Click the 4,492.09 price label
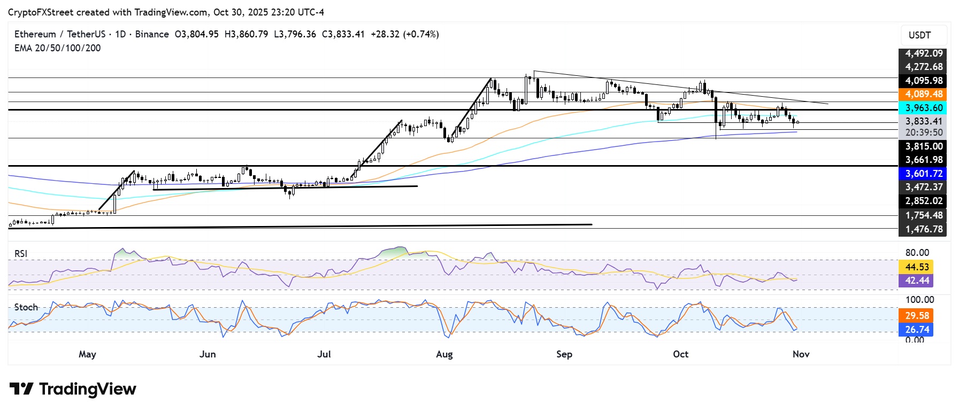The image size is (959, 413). point(923,53)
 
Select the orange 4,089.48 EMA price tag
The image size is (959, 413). point(923,94)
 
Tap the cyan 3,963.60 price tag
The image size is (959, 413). point(923,107)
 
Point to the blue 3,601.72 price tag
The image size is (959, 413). point(923,174)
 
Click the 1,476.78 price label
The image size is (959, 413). point(923,229)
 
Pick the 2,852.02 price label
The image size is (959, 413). point(923,201)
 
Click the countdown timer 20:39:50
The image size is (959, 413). point(923,133)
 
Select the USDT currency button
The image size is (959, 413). point(919,35)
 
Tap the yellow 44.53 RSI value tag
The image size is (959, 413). point(917,267)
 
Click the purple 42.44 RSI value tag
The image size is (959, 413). point(917,280)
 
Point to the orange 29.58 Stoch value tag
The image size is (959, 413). point(917,316)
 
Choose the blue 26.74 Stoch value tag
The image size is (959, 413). point(917,330)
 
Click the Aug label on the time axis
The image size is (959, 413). point(444,354)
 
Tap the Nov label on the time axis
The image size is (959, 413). point(801,354)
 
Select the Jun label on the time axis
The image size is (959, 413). point(208,354)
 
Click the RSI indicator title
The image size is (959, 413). point(21,254)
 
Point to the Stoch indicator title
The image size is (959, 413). point(26,307)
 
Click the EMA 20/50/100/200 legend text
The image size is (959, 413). point(57,48)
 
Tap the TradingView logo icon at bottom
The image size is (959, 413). point(21,389)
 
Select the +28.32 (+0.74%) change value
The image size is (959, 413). point(404,34)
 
